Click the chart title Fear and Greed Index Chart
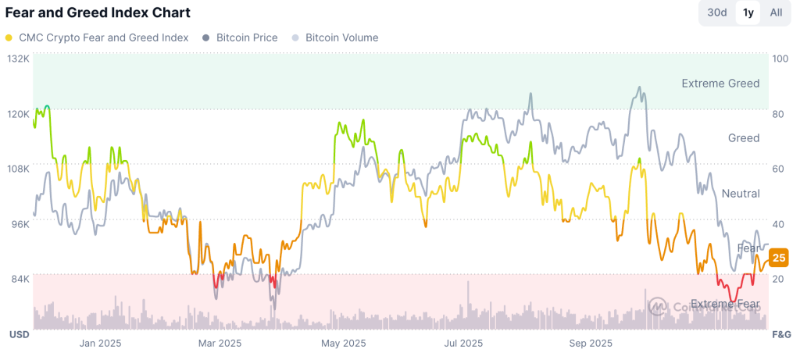(x=98, y=13)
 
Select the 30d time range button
(x=716, y=12)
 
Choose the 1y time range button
(x=748, y=12)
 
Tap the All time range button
(x=776, y=12)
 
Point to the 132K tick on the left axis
(x=18, y=59)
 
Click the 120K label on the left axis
(x=18, y=113)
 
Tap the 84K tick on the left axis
(x=18, y=278)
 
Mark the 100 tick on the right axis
(x=780, y=59)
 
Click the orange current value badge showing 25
(x=778, y=258)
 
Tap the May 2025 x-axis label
(x=344, y=343)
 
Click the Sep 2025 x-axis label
(x=591, y=343)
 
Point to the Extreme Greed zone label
(x=720, y=84)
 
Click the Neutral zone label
(x=741, y=194)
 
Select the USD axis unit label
(x=19, y=334)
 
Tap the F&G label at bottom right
(x=781, y=334)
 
